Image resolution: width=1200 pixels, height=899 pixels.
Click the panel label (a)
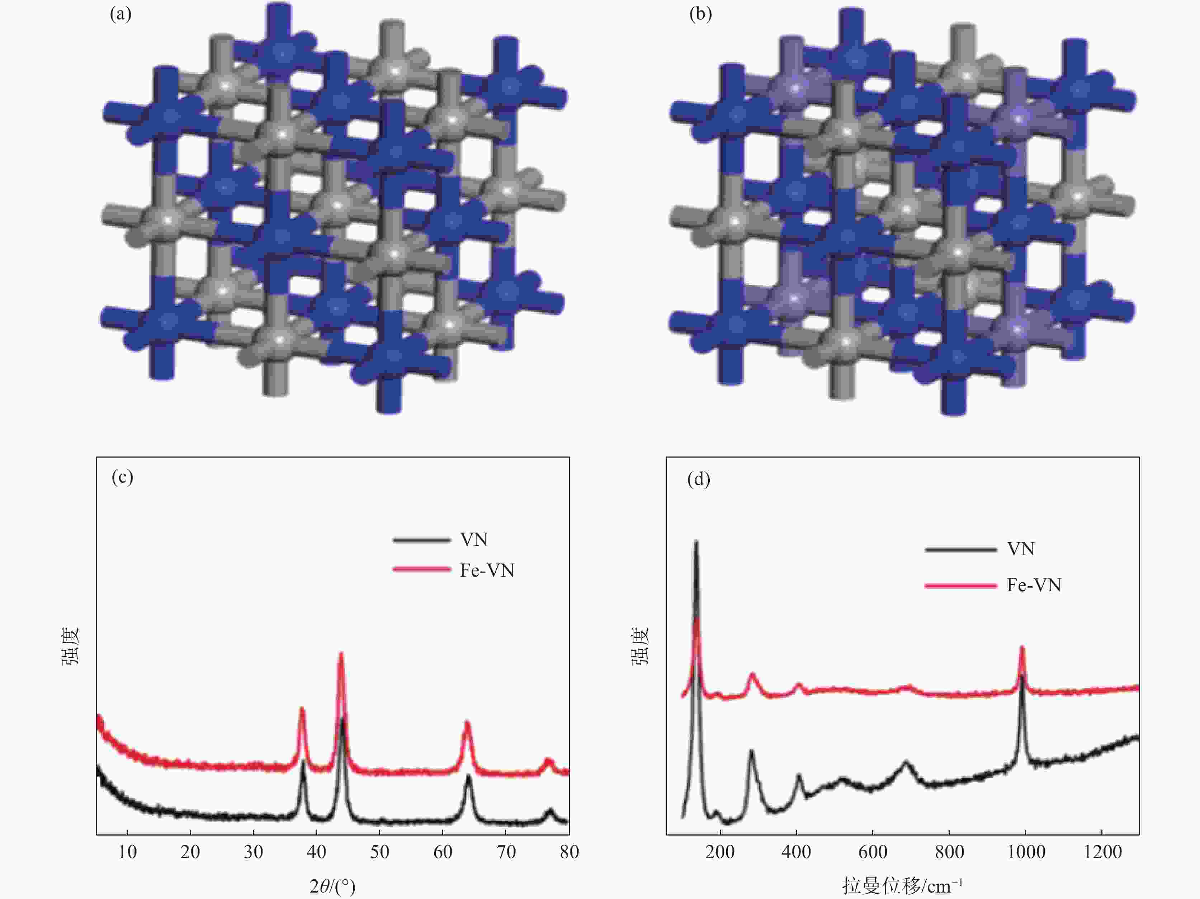[121, 14]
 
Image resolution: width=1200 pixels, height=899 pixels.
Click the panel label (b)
[700, 14]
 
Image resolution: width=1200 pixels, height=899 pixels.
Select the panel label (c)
[122, 477]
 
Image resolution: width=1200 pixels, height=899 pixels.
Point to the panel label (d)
[699, 479]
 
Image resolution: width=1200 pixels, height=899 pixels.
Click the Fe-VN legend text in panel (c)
[487, 570]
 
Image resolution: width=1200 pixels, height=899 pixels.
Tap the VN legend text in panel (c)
[474, 540]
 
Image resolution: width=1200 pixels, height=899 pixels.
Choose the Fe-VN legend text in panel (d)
[1034, 585]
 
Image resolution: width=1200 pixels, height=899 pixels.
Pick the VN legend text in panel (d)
[1020, 549]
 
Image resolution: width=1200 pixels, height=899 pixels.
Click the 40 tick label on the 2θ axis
[316, 852]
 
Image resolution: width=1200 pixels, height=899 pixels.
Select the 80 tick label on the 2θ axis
[569, 852]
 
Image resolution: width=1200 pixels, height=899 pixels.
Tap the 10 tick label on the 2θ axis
[127, 852]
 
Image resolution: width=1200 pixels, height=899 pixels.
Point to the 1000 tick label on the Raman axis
[1026, 852]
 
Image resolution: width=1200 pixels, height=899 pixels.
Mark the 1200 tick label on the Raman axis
[1102, 852]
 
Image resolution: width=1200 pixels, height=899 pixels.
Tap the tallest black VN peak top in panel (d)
[696, 542]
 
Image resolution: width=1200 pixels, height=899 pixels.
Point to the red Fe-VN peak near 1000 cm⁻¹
[1022, 647]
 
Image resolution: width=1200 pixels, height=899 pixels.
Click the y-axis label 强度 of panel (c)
[70, 645]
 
